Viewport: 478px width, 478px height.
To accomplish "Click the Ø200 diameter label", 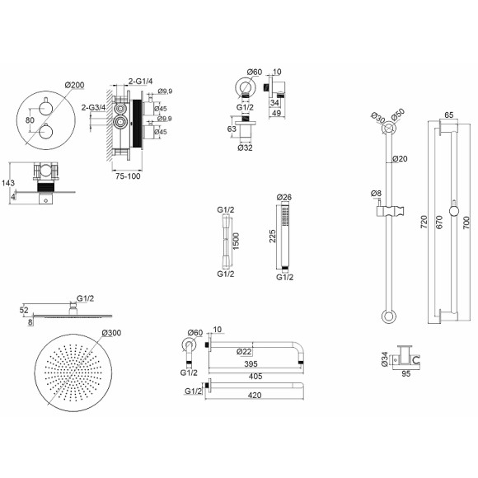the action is coord(75,85).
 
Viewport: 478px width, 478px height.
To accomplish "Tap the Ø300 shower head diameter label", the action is coord(111,333).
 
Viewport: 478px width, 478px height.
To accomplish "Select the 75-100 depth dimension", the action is coord(128,176).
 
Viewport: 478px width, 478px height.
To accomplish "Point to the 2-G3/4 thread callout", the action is coord(93,108).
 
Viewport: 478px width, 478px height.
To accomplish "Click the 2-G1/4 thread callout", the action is coord(141,82).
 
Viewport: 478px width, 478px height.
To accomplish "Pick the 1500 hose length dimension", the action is coord(237,241).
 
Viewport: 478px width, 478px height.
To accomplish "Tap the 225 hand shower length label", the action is coord(272,236).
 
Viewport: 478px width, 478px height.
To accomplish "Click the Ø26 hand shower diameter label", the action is coord(284,197).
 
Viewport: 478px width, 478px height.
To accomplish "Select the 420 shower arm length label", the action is coord(255,396).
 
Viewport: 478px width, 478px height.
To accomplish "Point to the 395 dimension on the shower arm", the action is coord(251,363).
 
